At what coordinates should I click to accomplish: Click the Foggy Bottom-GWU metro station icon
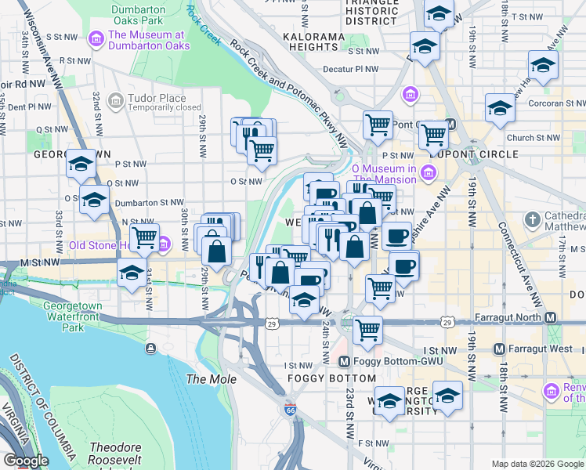click(x=342, y=362)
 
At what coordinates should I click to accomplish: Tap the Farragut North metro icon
click(x=551, y=318)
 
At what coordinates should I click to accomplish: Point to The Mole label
click(x=205, y=379)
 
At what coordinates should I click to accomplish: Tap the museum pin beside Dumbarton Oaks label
click(x=97, y=38)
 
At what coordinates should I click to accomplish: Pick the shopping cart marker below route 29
click(x=367, y=329)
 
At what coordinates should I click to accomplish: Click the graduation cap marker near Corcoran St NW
click(x=499, y=108)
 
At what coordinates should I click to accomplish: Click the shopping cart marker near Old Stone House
click(x=144, y=237)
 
